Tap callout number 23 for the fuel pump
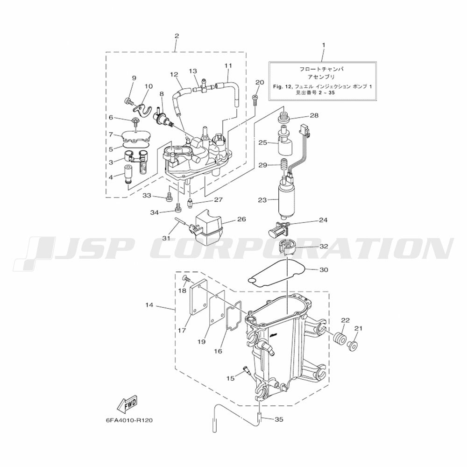[262, 200]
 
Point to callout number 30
[324, 269]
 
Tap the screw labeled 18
[186, 278]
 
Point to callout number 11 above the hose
[228, 65]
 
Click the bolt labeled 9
[127, 101]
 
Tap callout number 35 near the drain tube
[279, 419]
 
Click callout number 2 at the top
[177, 36]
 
